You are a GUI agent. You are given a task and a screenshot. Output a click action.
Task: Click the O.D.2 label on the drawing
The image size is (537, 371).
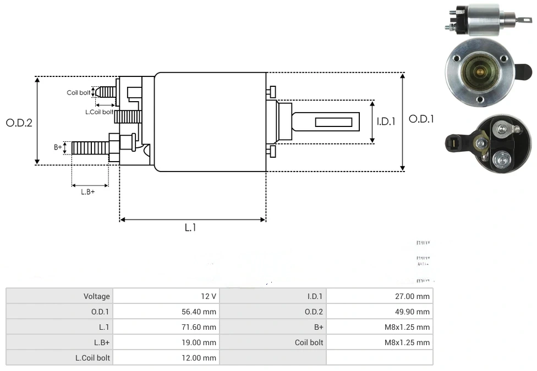click(19, 122)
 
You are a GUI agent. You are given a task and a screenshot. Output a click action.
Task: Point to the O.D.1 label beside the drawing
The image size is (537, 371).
click(421, 119)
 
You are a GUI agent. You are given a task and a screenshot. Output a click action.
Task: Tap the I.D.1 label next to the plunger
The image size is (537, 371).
click(386, 121)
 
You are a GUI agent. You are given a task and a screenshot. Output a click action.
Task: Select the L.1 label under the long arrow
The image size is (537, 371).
click(190, 226)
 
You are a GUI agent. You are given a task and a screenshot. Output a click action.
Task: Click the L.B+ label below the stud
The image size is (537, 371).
click(88, 192)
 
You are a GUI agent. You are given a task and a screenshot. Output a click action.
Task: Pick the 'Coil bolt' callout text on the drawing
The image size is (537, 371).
click(79, 92)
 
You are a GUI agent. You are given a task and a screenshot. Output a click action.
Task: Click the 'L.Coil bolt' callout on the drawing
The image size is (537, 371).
click(99, 112)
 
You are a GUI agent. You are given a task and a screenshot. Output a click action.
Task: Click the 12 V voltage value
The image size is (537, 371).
click(209, 296)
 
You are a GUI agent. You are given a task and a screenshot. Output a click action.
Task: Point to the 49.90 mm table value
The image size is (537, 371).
click(414, 312)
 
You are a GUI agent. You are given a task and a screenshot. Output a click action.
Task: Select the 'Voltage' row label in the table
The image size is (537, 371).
click(97, 296)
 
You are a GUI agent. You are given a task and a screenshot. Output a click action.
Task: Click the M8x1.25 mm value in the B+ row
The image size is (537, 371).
click(407, 327)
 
